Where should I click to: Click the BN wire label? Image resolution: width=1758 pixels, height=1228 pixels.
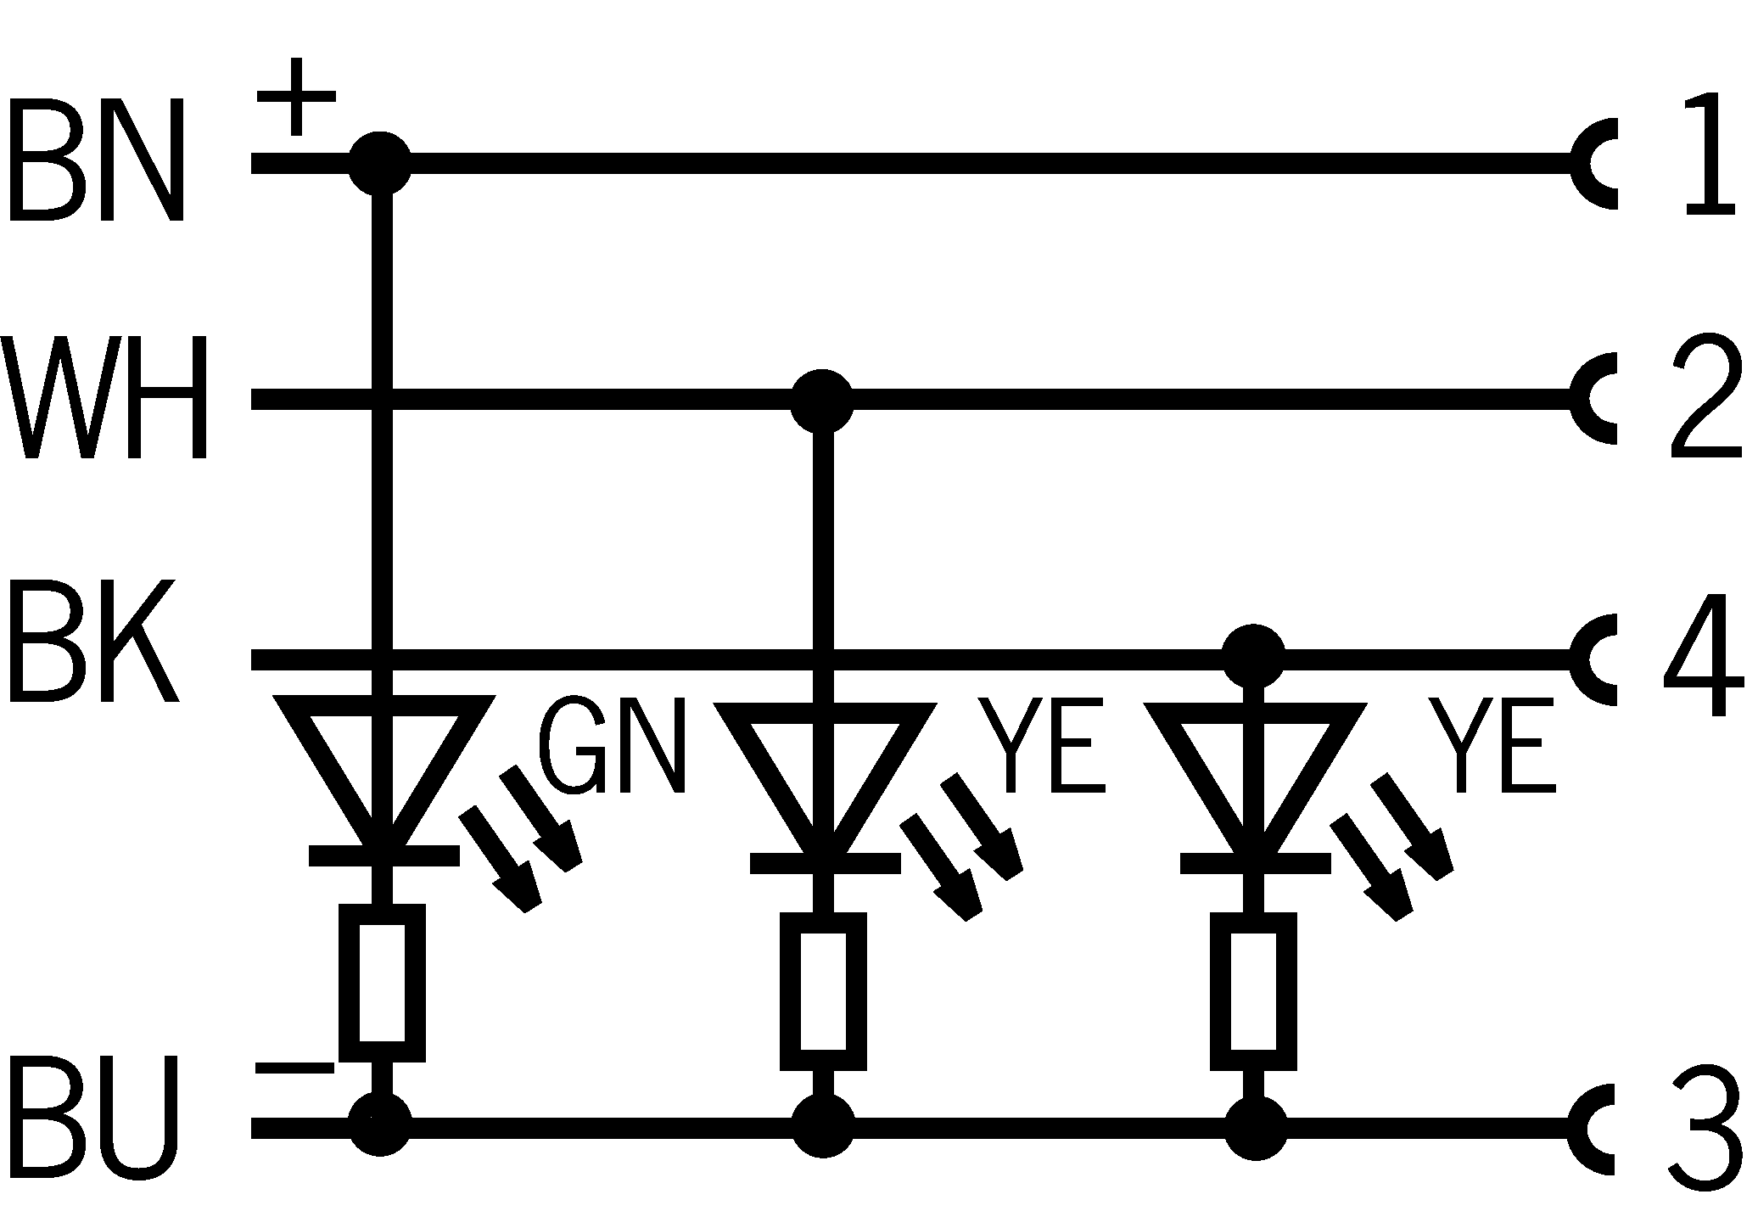(x=95, y=160)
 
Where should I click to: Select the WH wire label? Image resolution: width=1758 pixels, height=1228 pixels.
(x=105, y=398)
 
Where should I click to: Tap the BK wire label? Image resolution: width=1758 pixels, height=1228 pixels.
(x=93, y=641)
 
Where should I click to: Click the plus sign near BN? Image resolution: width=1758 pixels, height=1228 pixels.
(x=295, y=97)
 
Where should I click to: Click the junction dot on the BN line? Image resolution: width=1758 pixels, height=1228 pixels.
(x=380, y=163)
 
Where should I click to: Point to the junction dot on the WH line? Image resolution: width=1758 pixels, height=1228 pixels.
(x=821, y=401)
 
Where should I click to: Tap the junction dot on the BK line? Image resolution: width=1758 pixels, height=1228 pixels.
(x=1253, y=655)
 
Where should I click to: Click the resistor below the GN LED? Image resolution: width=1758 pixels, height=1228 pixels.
(x=382, y=983)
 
